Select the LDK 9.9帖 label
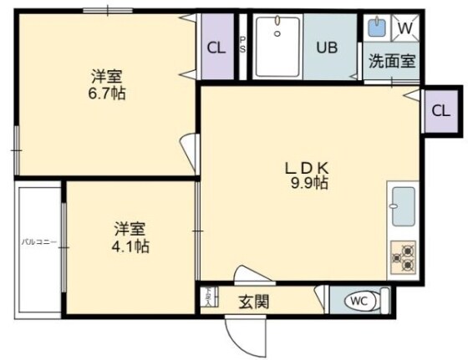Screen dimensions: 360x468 coord(308,174)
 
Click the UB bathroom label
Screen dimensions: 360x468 coord(327,47)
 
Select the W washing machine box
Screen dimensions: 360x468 coord(404,28)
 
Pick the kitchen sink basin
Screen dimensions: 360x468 coord(403,206)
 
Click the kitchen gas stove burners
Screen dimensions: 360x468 coord(403,256)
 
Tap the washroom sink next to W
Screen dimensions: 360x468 coord(377,28)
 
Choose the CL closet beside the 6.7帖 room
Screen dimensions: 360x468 coord(216,47)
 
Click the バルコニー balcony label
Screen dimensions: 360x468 coord(38,242)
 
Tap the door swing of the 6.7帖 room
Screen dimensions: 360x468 coord(190,153)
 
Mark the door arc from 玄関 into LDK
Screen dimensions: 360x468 coord(252,275)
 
